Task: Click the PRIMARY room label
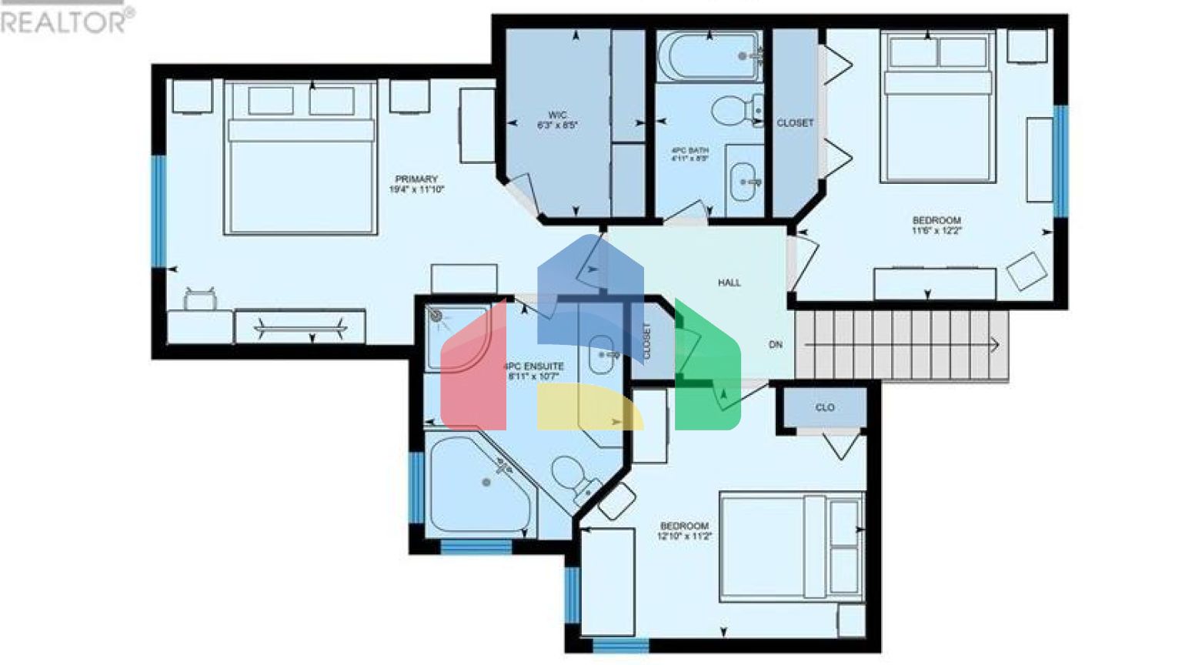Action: point(416,179)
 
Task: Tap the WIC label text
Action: point(557,115)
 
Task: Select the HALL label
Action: point(730,283)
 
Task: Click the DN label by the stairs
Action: point(776,345)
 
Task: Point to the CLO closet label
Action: point(825,408)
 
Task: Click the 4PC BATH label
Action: point(689,150)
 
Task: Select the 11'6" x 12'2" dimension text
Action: point(937,230)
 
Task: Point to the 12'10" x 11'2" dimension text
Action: point(684,536)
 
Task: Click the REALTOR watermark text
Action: point(66,22)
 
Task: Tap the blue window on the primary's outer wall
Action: point(159,212)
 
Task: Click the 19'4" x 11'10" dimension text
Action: point(416,189)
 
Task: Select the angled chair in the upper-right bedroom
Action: point(1027,271)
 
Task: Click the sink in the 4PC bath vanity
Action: point(743,182)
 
